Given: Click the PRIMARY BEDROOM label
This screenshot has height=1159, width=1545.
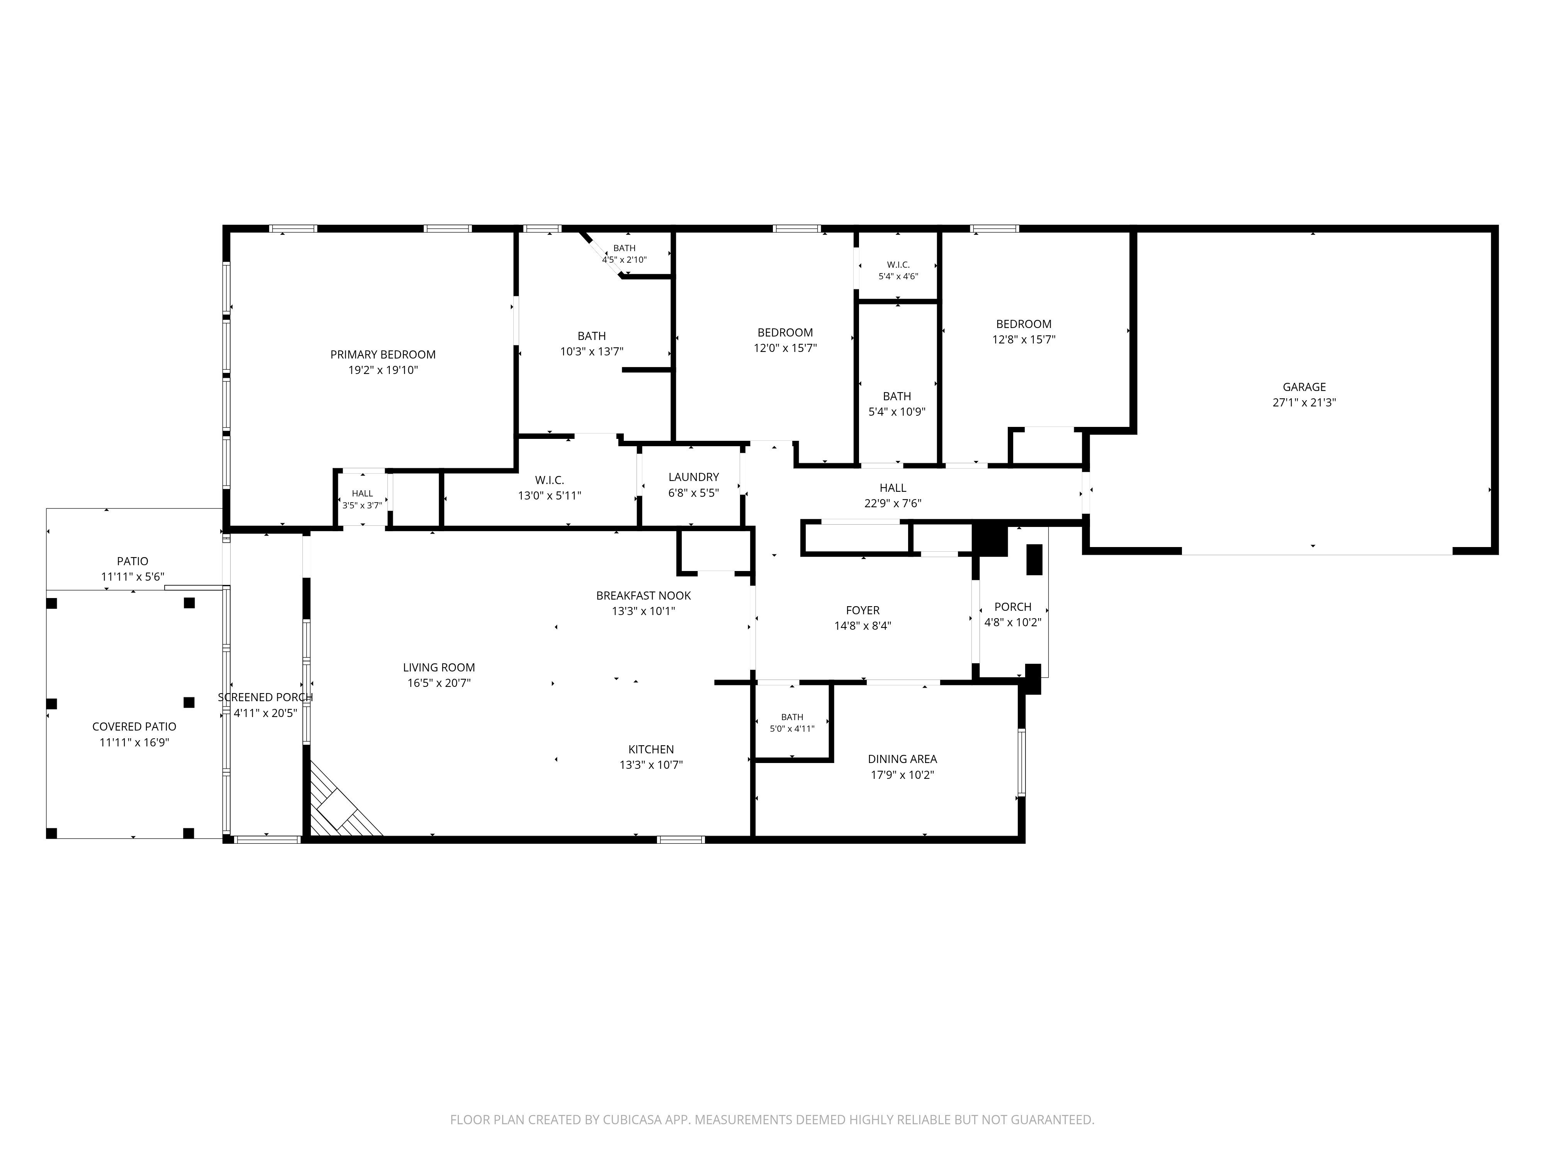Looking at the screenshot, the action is coord(383,355).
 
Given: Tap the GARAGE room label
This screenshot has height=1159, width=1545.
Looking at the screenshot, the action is coord(1304,387).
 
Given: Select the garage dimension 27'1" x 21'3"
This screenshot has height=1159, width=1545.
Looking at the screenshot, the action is coord(1304,403).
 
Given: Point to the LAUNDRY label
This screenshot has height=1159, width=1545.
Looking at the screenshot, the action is coord(694,477).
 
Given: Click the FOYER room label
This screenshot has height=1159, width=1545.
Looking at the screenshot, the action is coord(862,610).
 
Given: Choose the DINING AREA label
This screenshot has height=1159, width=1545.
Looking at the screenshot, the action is coord(902,760).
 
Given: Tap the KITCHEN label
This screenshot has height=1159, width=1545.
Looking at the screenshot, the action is coord(651,749).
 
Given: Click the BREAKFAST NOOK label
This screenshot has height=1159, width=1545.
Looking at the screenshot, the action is coord(643,596).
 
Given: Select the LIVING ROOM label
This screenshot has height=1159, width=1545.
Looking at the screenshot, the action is coord(439,668).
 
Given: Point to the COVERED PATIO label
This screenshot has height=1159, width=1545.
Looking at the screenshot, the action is coord(134,727).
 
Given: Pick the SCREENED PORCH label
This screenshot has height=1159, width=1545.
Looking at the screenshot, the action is coord(265,698).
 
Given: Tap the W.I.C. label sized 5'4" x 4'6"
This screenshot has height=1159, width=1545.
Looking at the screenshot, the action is coord(898,265).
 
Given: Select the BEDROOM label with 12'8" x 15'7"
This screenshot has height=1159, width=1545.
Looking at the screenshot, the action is coord(1024,324).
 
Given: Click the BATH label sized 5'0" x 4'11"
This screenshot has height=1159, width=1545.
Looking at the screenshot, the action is coord(792,717).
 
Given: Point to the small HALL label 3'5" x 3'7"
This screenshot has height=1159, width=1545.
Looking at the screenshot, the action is coord(363,494).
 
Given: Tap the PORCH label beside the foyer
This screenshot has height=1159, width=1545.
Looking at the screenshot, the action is coord(1013,607).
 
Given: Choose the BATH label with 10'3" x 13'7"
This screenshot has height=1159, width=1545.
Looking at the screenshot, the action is coord(592,336).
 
